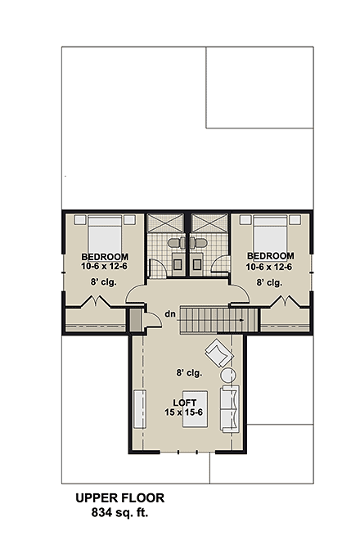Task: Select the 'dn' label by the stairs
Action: point(169,313)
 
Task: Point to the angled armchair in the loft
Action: point(218,353)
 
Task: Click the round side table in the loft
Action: point(228,376)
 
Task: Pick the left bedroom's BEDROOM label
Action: point(103,256)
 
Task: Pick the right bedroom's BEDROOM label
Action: point(269,256)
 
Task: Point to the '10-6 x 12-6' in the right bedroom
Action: point(269,266)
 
